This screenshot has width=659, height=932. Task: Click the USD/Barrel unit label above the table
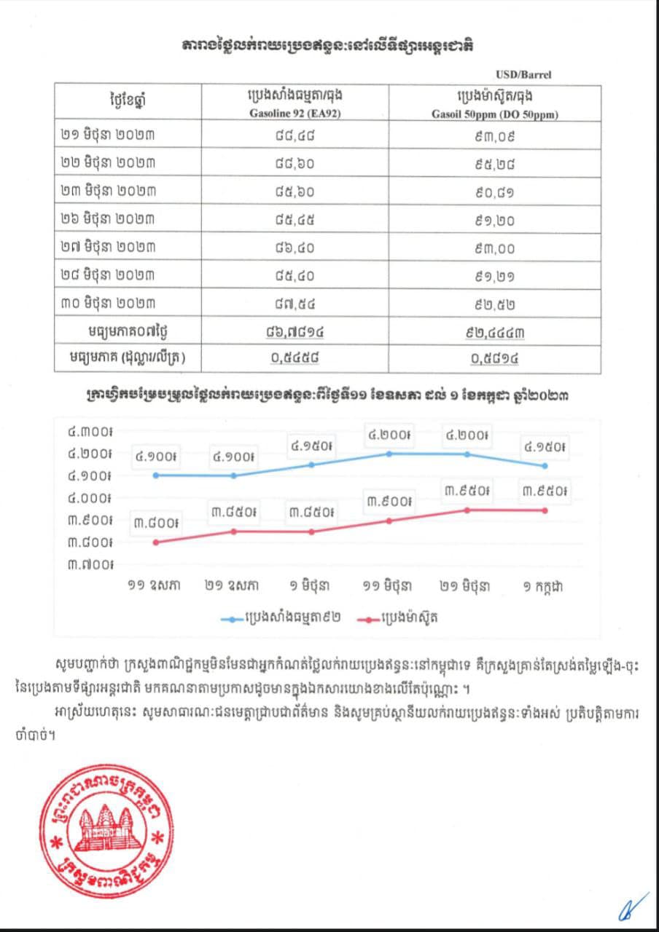point(523,74)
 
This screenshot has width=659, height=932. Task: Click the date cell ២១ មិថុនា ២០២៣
point(109,135)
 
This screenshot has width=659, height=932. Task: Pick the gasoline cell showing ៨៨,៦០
point(294,164)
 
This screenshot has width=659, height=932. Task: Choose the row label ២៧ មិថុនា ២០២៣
point(109,248)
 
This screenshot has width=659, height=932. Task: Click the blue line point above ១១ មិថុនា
point(389,453)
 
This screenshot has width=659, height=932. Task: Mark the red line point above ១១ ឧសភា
point(155,542)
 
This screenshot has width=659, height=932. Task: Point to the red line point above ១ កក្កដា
point(545,510)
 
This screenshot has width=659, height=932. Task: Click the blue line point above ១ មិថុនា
point(311,465)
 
